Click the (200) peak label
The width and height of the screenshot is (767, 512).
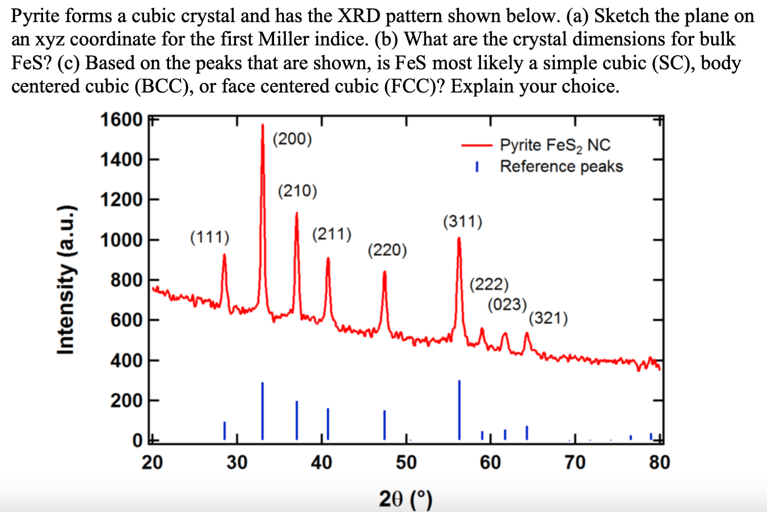click(x=292, y=139)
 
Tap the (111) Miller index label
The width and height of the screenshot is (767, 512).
click(x=210, y=236)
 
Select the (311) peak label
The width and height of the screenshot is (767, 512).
click(x=462, y=221)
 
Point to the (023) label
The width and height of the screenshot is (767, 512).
click(x=507, y=304)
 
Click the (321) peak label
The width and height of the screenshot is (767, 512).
click(x=548, y=318)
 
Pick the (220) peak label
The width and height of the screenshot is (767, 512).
click(x=387, y=250)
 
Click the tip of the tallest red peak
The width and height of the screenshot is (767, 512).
click(x=263, y=125)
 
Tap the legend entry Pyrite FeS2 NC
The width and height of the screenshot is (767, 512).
click(x=555, y=145)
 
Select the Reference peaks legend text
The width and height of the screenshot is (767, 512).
click(x=561, y=166)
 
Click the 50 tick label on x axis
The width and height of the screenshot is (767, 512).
click(x=406, y=463)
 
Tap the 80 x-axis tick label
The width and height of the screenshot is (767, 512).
click(x=659, y=463)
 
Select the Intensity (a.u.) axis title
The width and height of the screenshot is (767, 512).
click(x=66, y=279)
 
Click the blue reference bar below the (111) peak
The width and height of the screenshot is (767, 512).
click(x=225, y=430)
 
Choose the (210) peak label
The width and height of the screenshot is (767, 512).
click(x=297, y=191)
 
